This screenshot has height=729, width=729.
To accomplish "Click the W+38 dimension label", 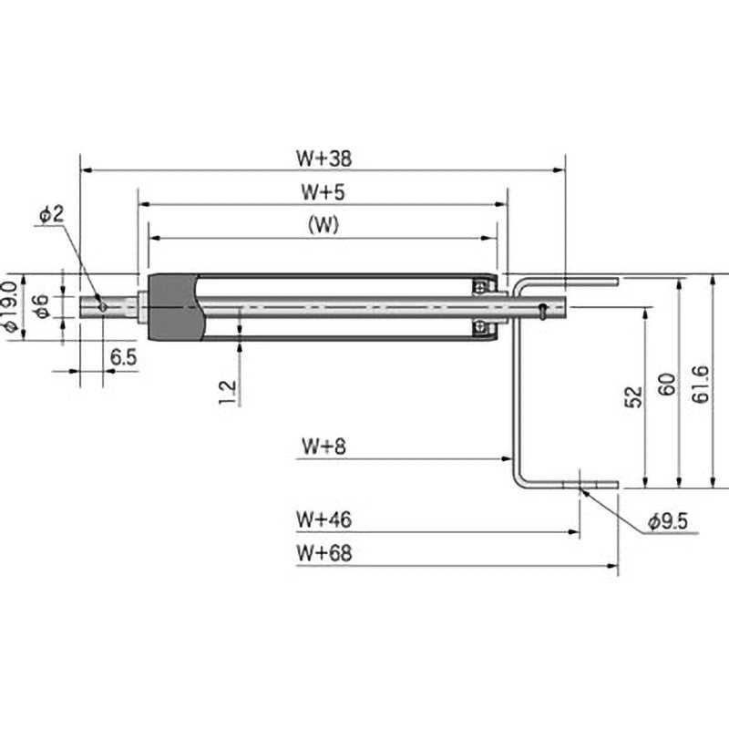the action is click(x=324, y=158).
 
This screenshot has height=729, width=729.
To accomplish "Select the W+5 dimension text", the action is click(x=323, y=191).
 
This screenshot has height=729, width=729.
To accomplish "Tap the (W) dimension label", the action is click(x=323, y=225).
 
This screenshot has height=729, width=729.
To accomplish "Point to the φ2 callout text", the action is click(x=52, y=214).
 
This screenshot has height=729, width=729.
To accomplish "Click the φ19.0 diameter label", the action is click(x=10, y=307).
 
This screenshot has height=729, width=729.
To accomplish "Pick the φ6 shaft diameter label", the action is click(x=42, y=307).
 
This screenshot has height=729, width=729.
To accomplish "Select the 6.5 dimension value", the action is click(x=124, y=357).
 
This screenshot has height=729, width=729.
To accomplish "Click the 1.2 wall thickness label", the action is click(x=228, y=393).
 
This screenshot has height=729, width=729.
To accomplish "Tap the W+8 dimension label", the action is click(x=323, y=446).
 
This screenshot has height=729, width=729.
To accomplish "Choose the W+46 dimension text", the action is click(x=324, y=519).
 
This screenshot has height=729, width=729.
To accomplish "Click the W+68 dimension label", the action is click(x=324, y=553).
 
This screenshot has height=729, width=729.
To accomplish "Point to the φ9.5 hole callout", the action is click(x=668, y=521).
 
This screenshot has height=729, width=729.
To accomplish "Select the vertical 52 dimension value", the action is click(x=633, y=396).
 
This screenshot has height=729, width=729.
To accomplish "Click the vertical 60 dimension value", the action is click(x=667, y=384).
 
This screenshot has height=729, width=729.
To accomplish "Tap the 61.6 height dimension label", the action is click(x=701, y=384).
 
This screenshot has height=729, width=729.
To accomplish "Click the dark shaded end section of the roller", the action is click(x=173, y=307).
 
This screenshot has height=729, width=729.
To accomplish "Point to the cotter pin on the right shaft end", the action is click(x=542, y=311).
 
